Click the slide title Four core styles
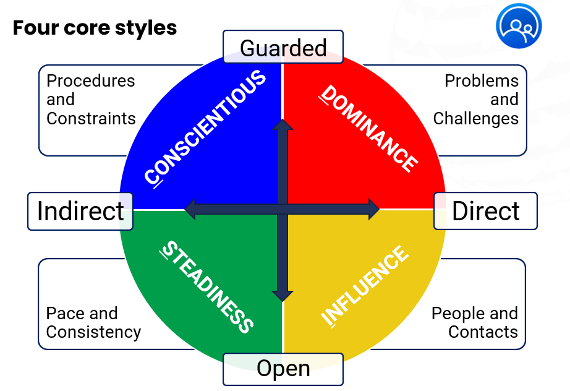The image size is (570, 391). [x=95, y=28]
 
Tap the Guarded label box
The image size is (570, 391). [x=283, y=48]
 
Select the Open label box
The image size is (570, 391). [x=283, y=369]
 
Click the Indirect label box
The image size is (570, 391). [x=80, y=211]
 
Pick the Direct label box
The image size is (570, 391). [x=485, y=211]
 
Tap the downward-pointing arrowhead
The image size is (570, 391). [x=283, y=295]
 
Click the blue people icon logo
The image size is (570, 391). [x=518, y=26]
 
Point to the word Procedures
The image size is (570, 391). [x=90, y=81]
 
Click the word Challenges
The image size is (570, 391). [x=475, y=118]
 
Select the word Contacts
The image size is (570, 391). [x=483, y=332]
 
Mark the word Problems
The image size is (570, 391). [x=482, y=81]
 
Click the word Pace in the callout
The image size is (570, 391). [x=64, y=314]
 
